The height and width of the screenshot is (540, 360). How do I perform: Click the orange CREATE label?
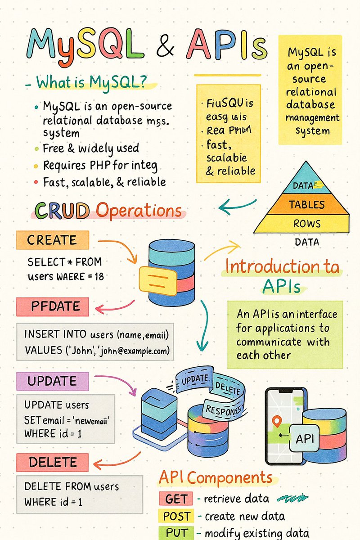point(52,240)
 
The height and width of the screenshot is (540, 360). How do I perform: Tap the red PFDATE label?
point(52,307)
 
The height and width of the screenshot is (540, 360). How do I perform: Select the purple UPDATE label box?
point(52,381)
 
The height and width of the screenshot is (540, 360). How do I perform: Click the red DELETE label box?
point(52,462)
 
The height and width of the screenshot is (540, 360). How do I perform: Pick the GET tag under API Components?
point(175,499)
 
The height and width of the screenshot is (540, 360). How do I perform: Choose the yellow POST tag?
point(175,516)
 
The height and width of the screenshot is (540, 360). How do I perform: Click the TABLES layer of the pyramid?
point(306,204)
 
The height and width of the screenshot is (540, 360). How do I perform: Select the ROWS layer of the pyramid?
point(307,224)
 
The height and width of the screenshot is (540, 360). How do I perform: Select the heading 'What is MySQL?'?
point(97,83)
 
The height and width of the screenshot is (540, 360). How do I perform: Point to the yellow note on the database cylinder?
point(157,280)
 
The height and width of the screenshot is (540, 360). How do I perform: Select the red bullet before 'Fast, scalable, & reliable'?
point(36,182)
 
